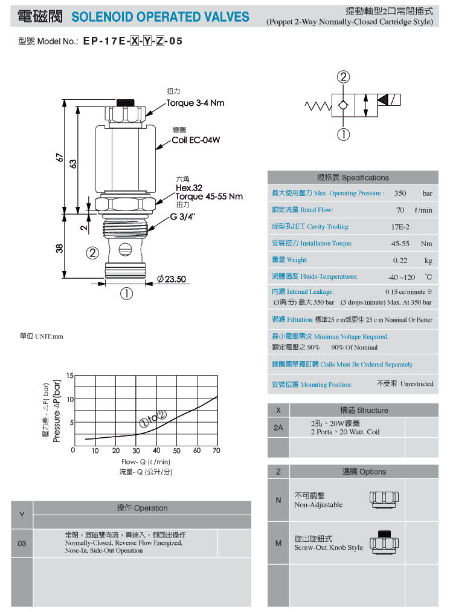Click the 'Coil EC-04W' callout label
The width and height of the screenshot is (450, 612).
[196, 140]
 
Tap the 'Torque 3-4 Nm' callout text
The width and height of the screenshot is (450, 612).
[195, 103]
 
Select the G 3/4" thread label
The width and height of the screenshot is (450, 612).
[182, 217]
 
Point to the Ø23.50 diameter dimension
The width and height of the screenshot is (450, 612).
[171, 279]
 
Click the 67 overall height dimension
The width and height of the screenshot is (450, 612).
[59, 157]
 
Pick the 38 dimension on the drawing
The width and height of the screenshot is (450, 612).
[59, 248]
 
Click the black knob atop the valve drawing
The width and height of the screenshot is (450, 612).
[126, 103]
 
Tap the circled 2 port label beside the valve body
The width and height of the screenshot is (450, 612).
[92, 253]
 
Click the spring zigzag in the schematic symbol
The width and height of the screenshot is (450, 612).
[318, 106]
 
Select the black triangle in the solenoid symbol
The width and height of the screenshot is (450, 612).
[383, 100]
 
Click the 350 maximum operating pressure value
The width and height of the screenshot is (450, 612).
[400, 193]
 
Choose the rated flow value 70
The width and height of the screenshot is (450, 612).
[400, 210]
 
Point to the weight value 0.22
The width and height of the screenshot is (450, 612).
[400, 260]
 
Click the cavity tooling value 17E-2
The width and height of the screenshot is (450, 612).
[400, 227]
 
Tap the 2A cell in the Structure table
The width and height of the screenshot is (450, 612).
[278, 428]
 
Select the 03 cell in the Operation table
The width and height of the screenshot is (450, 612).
[22, 543]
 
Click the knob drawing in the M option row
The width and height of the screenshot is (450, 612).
[384, 542]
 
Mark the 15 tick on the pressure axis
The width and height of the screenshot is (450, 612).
[70, 376]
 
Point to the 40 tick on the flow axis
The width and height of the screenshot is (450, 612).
[156, 451]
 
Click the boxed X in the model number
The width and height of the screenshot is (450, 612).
[135, 41]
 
